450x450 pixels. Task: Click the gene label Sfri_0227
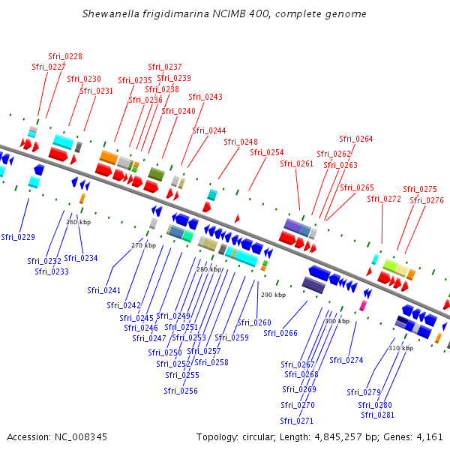48,67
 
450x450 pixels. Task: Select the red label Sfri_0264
355,139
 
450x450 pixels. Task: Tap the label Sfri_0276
426,200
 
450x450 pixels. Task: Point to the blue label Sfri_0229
18,237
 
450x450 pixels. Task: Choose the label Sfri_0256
181,391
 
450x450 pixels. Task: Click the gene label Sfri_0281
376,415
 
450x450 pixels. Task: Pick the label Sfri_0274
346,360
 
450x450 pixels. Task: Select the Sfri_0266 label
280,333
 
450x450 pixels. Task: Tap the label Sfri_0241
103,290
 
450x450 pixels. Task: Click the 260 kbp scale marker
78,222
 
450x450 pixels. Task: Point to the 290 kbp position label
273,295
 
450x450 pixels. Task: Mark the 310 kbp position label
400,348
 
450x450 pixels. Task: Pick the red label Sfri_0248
240,142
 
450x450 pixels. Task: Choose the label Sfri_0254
266,152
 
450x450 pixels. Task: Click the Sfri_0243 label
205,97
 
